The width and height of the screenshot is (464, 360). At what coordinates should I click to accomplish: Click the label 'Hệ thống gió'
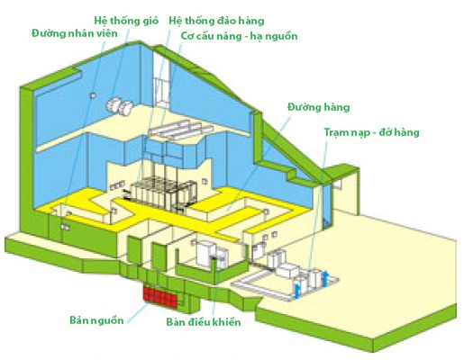tap(126, 21)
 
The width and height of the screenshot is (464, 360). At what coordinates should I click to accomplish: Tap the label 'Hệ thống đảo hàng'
tap(216, 21)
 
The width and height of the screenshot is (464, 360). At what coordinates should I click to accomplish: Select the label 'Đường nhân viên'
tap(75, 33)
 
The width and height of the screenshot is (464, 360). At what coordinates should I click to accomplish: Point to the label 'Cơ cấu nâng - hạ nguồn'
tap(239, 36)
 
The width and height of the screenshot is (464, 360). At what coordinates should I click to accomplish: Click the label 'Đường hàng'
tap(319, 107)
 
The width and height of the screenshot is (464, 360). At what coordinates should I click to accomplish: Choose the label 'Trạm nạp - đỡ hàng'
tap(371, 132)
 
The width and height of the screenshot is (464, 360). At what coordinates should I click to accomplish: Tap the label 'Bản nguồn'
tap(96, 320)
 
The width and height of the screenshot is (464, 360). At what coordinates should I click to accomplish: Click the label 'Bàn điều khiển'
tap(204, 322)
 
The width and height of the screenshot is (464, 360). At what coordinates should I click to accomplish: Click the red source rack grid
tap(160, 297)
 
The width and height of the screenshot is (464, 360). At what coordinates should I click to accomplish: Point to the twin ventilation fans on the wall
tap(119, 106)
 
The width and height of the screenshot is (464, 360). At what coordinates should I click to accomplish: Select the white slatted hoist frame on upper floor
tap(181, 130)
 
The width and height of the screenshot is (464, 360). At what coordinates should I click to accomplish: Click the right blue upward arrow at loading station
tap(324, 278)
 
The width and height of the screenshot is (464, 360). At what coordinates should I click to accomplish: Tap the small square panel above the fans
tap(93, 95)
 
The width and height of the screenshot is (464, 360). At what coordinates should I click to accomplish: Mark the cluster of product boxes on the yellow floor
tap(162, 192)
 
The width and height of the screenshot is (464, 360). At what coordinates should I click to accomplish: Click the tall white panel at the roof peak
tap(161, 78)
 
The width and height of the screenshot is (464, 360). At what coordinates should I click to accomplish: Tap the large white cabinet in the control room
tap(205, 253)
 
